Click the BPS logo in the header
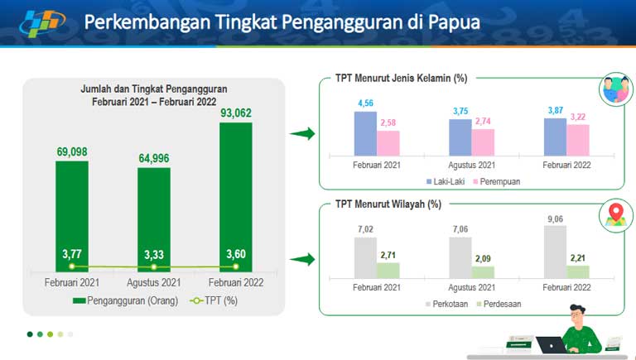click(41, 22)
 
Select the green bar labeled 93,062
click(236, 197)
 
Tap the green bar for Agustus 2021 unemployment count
click(154, 220)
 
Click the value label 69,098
click(72, 152)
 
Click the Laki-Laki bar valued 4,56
click(365, 134)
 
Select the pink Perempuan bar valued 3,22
click(578, 140)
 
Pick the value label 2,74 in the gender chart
click(483, 121)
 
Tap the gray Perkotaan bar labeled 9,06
click(555, 252)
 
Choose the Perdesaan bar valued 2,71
click(388, 271)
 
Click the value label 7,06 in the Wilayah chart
click(460, 229)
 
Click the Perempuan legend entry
click(497, 181)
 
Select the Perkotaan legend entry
click(446, 304)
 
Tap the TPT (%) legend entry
click(214, 300)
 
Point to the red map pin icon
click(616, 212)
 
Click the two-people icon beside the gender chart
click(616, 89)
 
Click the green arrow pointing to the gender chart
click(302, 133)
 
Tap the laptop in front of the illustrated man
click(551, 345)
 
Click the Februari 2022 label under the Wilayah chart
click(566, 287)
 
